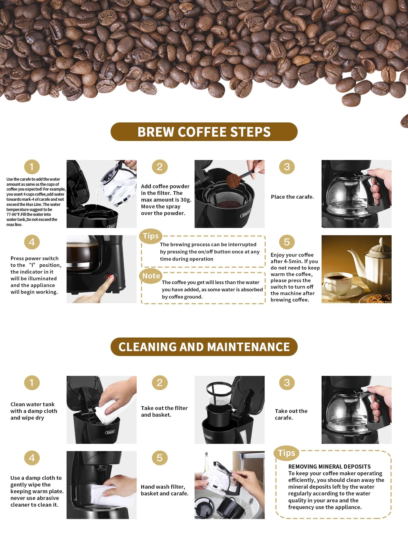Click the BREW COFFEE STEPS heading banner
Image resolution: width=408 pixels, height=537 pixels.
point(204,132)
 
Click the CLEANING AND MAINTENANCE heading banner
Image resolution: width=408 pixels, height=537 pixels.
point(204,347)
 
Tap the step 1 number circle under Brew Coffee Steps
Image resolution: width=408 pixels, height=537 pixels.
point(32,167)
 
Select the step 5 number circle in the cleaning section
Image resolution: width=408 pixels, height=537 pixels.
point(160,458)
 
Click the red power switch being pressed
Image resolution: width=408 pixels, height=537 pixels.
point(111,278)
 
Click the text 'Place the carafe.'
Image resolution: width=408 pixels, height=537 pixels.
point(292,197)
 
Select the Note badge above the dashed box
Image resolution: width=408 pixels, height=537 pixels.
point(151,276)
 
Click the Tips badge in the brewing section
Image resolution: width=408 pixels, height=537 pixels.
point(150,236)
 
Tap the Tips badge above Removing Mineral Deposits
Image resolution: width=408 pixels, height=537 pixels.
point(286,453)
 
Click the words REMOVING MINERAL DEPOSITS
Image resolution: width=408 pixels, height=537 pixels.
point(329,467)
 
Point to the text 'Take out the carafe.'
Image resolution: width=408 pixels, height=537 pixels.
point(291,414)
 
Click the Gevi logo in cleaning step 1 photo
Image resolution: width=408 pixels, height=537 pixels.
point(110,432)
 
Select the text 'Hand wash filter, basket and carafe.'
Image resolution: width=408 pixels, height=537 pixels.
point(164,490)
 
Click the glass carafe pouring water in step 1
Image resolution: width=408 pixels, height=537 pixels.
point(117,184)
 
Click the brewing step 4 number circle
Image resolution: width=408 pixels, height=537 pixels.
point(32,242)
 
